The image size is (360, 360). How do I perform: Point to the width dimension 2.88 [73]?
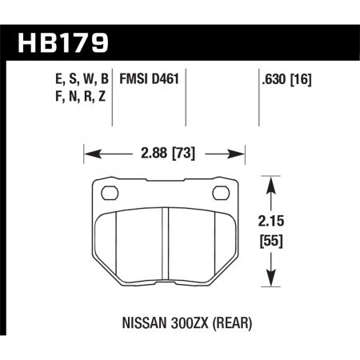coord(163,151)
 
